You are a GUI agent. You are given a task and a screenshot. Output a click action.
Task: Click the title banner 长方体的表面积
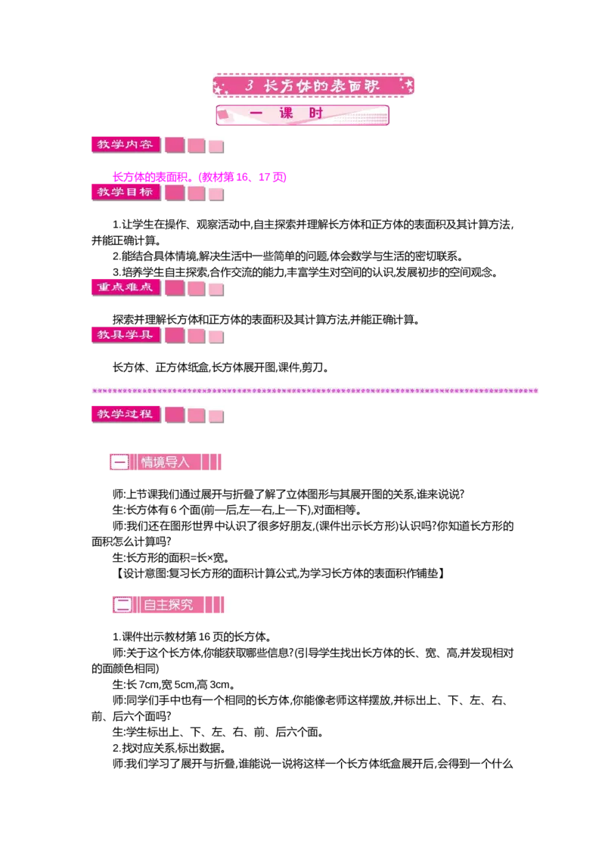pos(313,85)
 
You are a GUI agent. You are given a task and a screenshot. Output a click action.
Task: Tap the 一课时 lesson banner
pos(302,115)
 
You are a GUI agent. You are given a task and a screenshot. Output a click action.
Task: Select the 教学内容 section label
pos(126,144)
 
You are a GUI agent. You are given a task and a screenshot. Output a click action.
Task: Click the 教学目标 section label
pos(126,191)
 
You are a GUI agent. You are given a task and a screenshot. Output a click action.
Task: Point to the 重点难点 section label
pos(126,287)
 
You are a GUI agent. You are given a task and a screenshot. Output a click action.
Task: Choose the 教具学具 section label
pos(126,335)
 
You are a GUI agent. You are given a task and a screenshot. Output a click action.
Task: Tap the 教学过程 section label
pos(126,414)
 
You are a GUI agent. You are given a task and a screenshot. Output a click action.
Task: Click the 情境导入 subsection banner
pos(166,462)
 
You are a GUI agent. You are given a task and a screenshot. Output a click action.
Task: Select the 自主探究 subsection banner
pos(168,604)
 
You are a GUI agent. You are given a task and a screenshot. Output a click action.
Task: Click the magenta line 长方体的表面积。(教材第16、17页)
pos(200,177)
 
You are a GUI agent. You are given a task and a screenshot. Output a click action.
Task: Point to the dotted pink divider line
pos(315,391)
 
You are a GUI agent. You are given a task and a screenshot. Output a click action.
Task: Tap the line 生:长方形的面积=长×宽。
pos(170,557)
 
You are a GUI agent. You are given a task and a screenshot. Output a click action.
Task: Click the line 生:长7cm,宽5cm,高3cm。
pos(174,684)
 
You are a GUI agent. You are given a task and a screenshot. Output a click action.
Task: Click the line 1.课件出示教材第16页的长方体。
pos(192,637)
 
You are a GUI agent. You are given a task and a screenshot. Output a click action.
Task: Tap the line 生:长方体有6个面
pos(237,510)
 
